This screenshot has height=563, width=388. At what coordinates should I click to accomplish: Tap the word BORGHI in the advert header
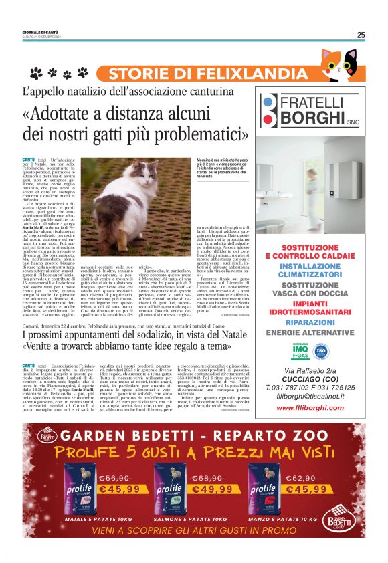tap(314, 118)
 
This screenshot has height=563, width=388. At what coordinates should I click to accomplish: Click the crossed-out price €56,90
tap(116, 479)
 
